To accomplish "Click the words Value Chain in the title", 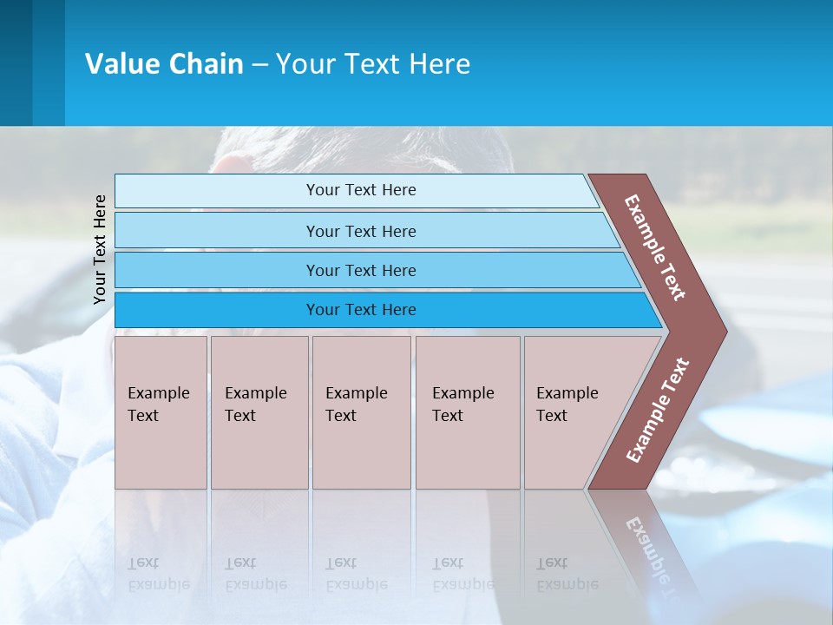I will tap(164, 64).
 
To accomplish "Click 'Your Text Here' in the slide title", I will tap(373, 64).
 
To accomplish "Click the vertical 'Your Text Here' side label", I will tap(100, 249).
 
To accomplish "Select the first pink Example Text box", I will tap(161, 412).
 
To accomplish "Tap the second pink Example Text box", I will tap(259, 412).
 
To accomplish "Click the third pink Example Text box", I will tap(361, 412).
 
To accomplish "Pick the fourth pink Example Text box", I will tap(468, 412).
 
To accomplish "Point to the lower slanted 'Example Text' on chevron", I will tap(658, 410).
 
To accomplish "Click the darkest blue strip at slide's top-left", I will tap(16, 62).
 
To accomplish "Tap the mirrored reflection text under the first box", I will tap(159, 574).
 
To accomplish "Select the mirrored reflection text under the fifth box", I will tap(567, 574).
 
